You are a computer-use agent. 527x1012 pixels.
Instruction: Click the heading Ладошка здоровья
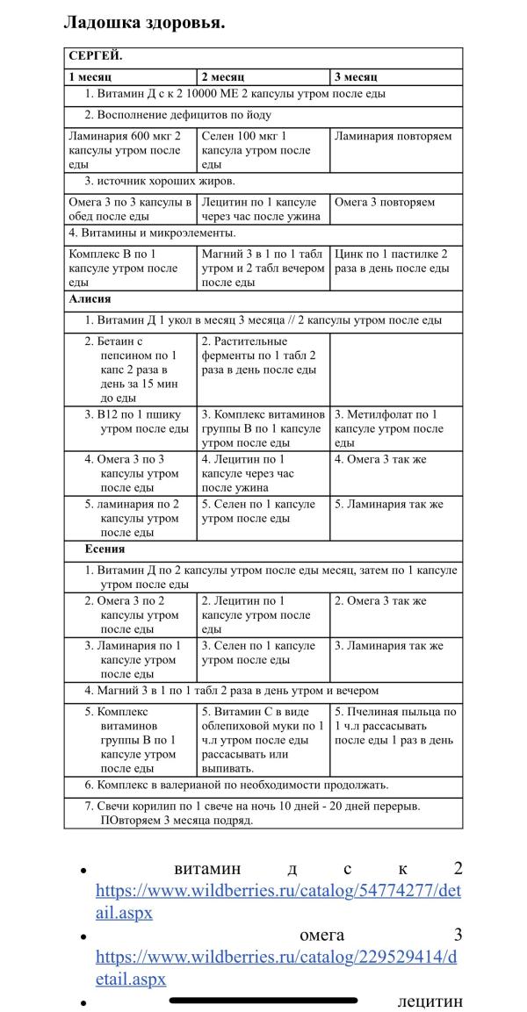click(x=144, y=22)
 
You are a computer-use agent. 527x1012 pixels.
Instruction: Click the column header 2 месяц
click(x=224, y=76)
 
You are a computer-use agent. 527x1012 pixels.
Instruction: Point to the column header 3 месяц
click(x=357, y=76)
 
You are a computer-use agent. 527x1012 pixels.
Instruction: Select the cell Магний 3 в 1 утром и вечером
click(x=263, y=268)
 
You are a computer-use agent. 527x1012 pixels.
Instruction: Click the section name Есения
click(x=105, y=549)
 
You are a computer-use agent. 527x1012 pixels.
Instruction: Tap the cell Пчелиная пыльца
click(x=395, y=726)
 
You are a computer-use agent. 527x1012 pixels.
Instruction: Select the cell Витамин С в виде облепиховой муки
click(x=263, y=740)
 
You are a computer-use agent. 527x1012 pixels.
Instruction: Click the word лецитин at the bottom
click(x=430, y=1001)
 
